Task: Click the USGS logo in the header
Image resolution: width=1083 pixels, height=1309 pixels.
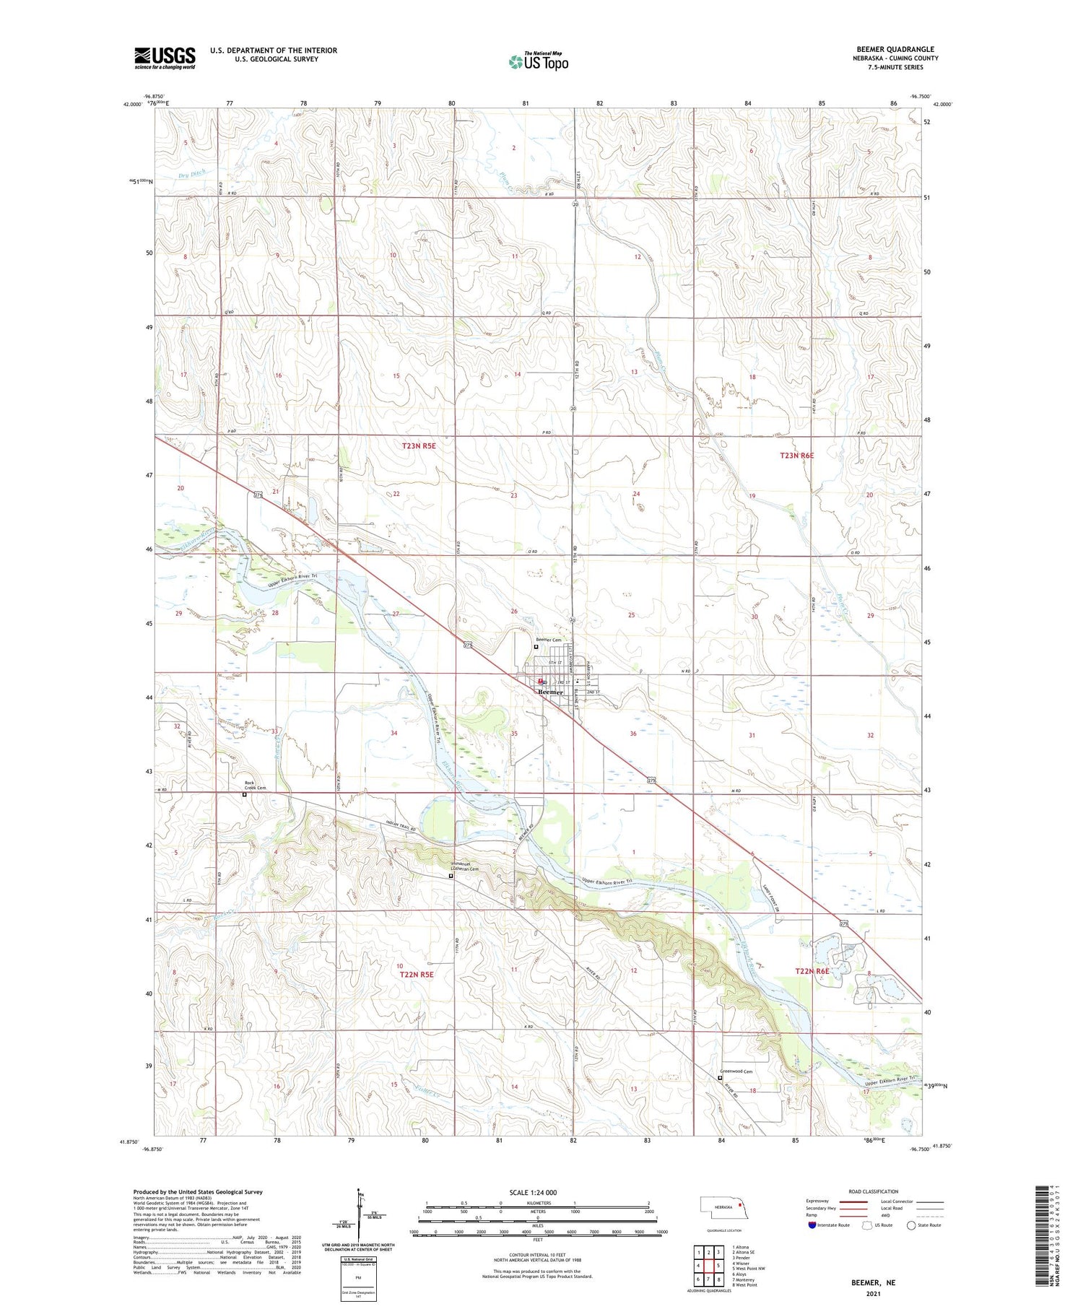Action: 165,58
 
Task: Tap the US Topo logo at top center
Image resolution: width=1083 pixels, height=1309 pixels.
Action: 538,62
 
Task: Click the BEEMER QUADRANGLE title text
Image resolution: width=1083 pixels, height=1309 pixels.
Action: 895,50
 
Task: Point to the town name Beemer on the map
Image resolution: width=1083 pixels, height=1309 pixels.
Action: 550,692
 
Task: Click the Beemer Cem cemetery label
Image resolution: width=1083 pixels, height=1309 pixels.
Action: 547,640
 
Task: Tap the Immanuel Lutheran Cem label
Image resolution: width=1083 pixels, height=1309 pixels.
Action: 464,866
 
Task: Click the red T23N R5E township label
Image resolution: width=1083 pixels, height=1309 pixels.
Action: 419,446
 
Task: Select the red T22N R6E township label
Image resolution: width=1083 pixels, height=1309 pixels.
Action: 812,972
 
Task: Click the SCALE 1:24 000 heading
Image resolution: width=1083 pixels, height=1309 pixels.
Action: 533,1193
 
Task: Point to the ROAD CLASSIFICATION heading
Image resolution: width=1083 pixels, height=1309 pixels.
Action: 874,1191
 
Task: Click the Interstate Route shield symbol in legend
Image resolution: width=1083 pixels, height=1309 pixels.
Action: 812,1225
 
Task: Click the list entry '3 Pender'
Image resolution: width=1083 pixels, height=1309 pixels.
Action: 741,1258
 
